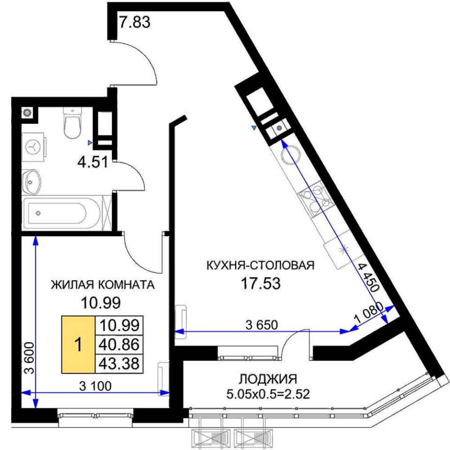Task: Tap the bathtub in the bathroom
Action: point(62,213)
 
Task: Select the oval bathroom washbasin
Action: point(31,182)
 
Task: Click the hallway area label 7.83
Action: point(135,22)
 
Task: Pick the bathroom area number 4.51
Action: point(93,162)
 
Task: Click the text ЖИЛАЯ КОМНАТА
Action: point(103,285)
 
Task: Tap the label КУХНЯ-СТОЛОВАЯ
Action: point(260,265)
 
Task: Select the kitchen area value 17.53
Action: point(260,283)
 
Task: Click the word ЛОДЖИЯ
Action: point(268,379)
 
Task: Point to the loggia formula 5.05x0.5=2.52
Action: point(268,394)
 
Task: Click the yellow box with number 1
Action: point(78,345)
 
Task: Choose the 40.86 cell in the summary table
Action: point(119,345)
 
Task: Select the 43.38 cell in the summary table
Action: point(119,364)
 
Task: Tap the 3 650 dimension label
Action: point(262,325)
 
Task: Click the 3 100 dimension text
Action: point(95,386)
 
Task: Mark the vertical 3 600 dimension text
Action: point(29,358)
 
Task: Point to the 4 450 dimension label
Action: point(369,277)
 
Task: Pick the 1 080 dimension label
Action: point(368,313)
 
